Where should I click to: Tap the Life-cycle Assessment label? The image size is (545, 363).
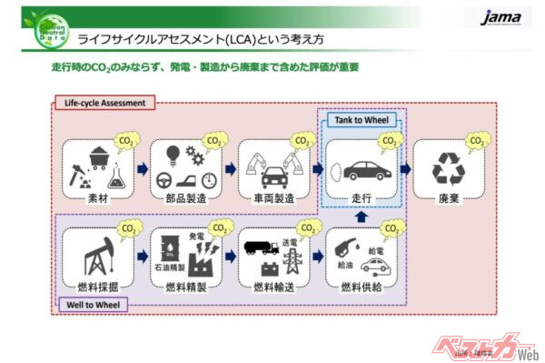coord(104,104)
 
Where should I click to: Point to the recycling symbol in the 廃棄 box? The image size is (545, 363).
coord(448,168)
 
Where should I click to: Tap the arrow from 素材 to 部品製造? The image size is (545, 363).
coord(139,168)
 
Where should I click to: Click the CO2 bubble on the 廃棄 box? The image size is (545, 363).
coord(474,141)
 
